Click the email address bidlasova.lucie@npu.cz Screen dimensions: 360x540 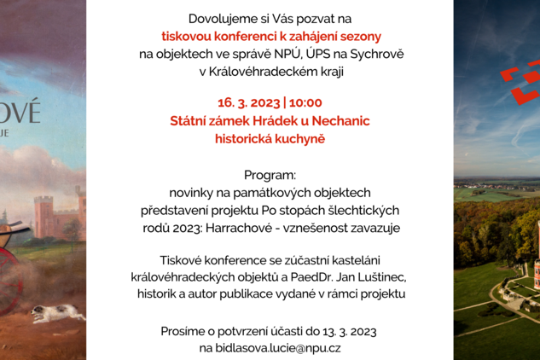point(270,348)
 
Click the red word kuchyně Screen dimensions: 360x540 point(298,138)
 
